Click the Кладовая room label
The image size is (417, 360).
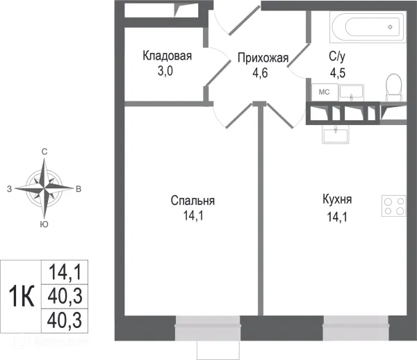[x=167, y=56]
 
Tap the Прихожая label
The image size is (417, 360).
[x=262, y=58]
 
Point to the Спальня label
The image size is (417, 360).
[x=193, y=201]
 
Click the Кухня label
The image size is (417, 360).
[x=337, y=199]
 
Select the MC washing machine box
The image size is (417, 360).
[x=324, y=92]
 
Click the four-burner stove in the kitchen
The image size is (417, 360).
[x=393, y=206]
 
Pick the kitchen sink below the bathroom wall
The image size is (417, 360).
[x=338, y=133]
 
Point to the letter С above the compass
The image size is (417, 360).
[x=44, y=152]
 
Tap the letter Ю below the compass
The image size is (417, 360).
[x=44, y=224]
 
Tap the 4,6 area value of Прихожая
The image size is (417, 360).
[x=262, y=70]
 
